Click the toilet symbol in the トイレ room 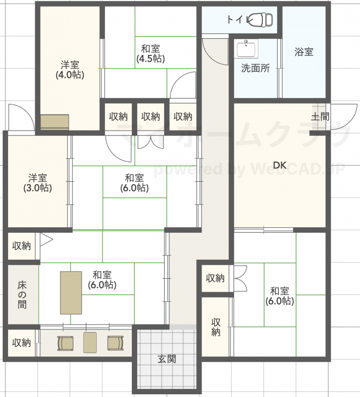pyautogui.click(x=260, y=19)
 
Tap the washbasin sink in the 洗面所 pyautogui.click(x=246, y=49)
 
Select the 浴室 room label pyautogui.click(x=304, y=52)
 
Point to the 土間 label pyautogui.click(x=320, y=117)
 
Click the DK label pyautogui.click(x=280, y=165)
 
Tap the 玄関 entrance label pyautogui.click(x=166, y=359)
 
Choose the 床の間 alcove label pyautogui.click(x=22, y=295)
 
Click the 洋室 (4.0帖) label pyautogui.click(x=70, y=70)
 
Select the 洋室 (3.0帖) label pyautogui.click(x=38, y=183)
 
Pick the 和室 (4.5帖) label pyautogui.click(x=151, y=54)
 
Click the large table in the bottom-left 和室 pyautogui.click(x=71, y=293)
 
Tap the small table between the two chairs pyautogui.click(x=90, y=342)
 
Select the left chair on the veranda pyautogui.click(x=65, y=343)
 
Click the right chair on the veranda pyautogui.click(x=116, y=343)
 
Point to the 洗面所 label pyautogui.click(x=256, y=68)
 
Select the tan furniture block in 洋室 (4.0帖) pyautogui.click(x=55, y=122)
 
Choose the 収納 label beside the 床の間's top pyautogui.click(x=22, y=246)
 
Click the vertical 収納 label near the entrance pyautogui.click(x=216, y=327)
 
